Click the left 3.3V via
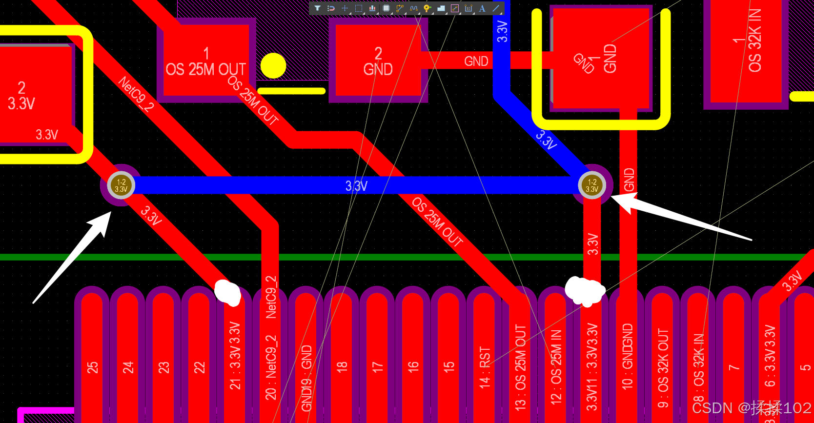121,185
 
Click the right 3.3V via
591,185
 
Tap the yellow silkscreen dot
273,66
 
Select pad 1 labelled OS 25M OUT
205,60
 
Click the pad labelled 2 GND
378,60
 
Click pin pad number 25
92,361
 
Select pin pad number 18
342,361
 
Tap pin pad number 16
413,361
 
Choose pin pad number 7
733,361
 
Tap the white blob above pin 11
585,291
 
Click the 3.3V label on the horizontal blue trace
356,186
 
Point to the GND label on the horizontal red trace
476,61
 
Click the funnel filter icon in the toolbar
317,8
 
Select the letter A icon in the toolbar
482,8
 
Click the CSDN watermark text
751,408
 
